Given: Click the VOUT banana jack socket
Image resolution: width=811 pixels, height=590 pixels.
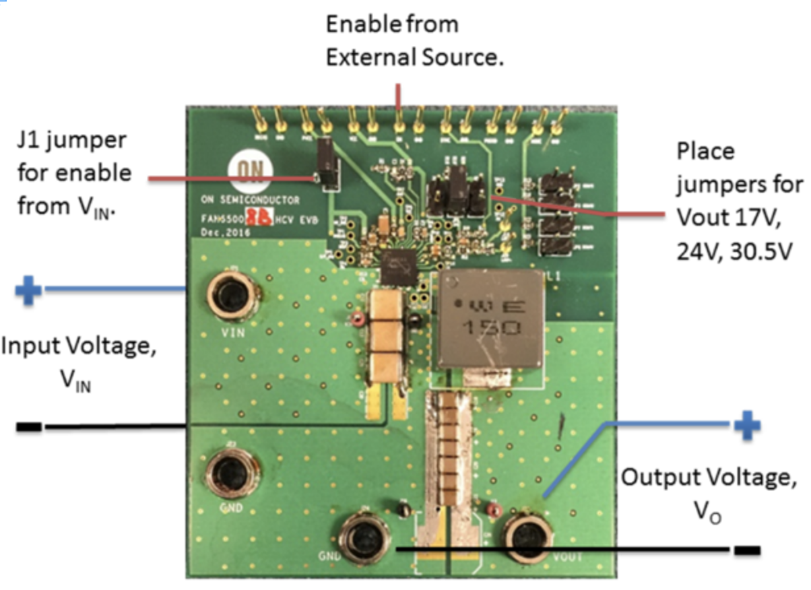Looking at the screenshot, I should coord(528,538).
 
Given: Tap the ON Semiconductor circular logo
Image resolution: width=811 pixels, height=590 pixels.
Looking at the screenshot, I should coord(243,172).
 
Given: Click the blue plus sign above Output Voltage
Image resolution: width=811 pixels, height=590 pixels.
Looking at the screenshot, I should coord(746,425).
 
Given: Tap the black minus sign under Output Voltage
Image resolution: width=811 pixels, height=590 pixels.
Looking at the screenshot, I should coord(746,550).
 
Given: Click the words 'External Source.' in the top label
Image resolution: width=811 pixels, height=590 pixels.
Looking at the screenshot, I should coord(414,58).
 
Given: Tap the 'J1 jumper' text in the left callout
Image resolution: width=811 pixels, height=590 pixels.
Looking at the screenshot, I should coord(71,141).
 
